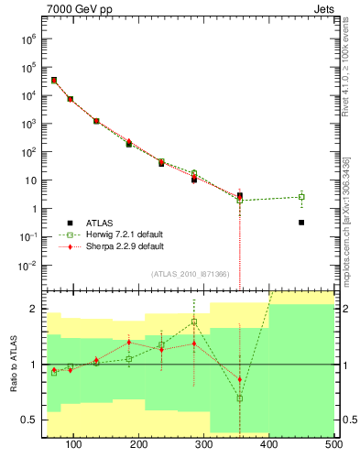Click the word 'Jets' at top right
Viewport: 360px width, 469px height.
click(x=322, y=10)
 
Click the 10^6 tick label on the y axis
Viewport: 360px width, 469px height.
click(x=27, y=39)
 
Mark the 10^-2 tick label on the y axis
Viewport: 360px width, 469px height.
click(x=27, y=266)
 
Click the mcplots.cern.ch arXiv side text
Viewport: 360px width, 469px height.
click(x=348, y=220)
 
